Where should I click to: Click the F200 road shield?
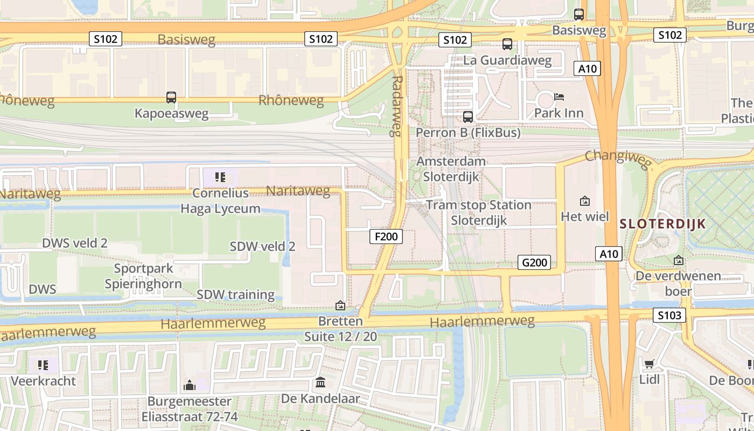(386, 236)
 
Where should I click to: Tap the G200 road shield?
(535, 262)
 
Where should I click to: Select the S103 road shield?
(669, 315)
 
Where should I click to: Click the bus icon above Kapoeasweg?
(171, 98)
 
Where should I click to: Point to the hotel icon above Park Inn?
(559, 97)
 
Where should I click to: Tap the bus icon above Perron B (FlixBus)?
(468, 116)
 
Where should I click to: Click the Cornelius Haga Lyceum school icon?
(220, 177)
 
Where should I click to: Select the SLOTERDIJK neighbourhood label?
(662, 224)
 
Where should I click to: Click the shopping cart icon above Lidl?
(650, 364)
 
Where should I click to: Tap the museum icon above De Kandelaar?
(320, 383)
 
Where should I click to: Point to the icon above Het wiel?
(585, 201)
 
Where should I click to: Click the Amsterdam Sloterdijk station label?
(451, 169)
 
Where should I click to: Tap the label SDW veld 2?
(262, 246)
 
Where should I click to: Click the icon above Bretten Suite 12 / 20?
(340, 305)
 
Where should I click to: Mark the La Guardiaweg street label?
(507, 60)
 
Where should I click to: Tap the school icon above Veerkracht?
(44, 365)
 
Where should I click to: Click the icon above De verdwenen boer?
(679, 260)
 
